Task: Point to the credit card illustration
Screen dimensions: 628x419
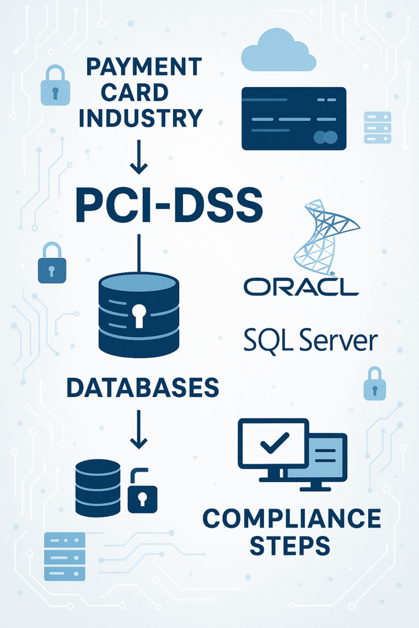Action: pos(294,118)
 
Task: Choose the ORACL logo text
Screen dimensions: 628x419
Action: pos(300,286)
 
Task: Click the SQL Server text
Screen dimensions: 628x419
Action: pos(310,340)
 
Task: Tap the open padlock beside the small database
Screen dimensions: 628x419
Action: pos(142,494)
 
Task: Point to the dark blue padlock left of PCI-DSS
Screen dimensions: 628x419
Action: pos(52,264)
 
